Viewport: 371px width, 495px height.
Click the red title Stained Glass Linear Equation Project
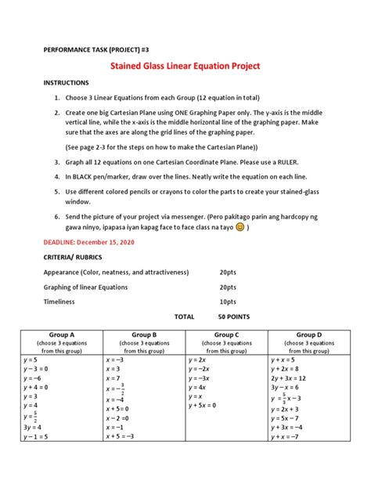click(x=185, y=67)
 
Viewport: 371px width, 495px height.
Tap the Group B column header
click(x=144, y=334)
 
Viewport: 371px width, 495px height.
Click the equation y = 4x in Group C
click(x=197, y=387)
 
